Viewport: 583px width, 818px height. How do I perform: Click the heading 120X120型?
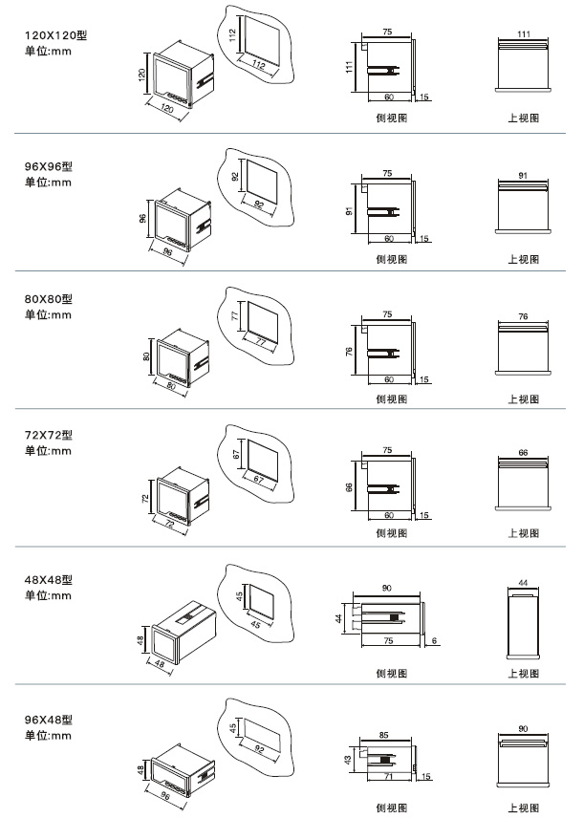click(x=61, y=34)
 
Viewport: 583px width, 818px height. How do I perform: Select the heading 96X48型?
click(x=48, y=720)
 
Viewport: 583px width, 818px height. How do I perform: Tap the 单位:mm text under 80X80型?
click(x=48, y=314)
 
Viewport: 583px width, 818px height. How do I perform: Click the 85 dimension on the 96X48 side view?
click(x=383, y=735)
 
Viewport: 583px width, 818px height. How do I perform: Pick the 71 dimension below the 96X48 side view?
click(x=388, y=777)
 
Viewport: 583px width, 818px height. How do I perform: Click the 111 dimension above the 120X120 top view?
click(x=523, y=33)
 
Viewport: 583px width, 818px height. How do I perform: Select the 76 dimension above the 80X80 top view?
click(x=523, y=315)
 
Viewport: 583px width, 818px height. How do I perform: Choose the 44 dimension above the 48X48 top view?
click(x=523, y=582)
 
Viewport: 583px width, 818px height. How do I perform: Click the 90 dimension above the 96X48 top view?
click(x=523, y=729)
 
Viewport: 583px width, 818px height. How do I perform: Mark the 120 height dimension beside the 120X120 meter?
click(x=142, y=75)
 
